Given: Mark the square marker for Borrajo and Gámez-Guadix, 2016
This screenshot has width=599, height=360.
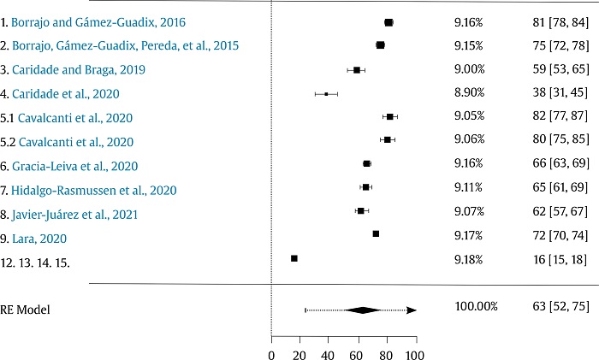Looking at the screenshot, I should [x=388, y=22].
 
